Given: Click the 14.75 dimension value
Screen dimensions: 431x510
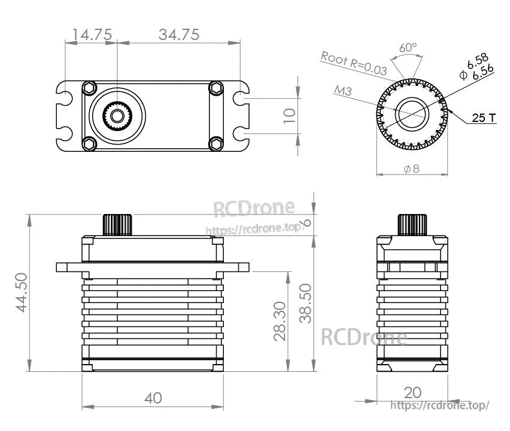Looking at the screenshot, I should [92, 35].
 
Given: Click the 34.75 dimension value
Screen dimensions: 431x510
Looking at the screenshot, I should [179, 35].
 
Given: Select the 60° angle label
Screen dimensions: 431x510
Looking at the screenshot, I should [408, 47].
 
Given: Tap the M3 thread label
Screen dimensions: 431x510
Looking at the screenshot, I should [343, 91].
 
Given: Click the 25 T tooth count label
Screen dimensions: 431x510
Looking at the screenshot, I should [484, 118].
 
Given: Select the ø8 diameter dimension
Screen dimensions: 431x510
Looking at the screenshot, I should [412, 169].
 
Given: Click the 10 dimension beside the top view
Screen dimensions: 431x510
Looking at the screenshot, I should [290, 115].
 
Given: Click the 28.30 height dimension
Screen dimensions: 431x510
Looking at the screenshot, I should [280, 321].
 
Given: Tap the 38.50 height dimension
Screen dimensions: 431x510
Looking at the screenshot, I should [306, 303].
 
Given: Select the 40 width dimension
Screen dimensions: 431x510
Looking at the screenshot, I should [153, 398].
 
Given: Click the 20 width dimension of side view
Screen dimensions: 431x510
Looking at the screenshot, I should [412, 392].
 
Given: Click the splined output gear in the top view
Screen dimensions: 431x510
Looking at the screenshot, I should [117, 114].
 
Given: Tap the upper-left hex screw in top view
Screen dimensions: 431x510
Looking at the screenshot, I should [89, 87].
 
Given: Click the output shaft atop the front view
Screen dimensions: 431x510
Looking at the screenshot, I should [117, 225].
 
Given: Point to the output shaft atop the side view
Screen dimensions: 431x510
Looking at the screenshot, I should [412, 225].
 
